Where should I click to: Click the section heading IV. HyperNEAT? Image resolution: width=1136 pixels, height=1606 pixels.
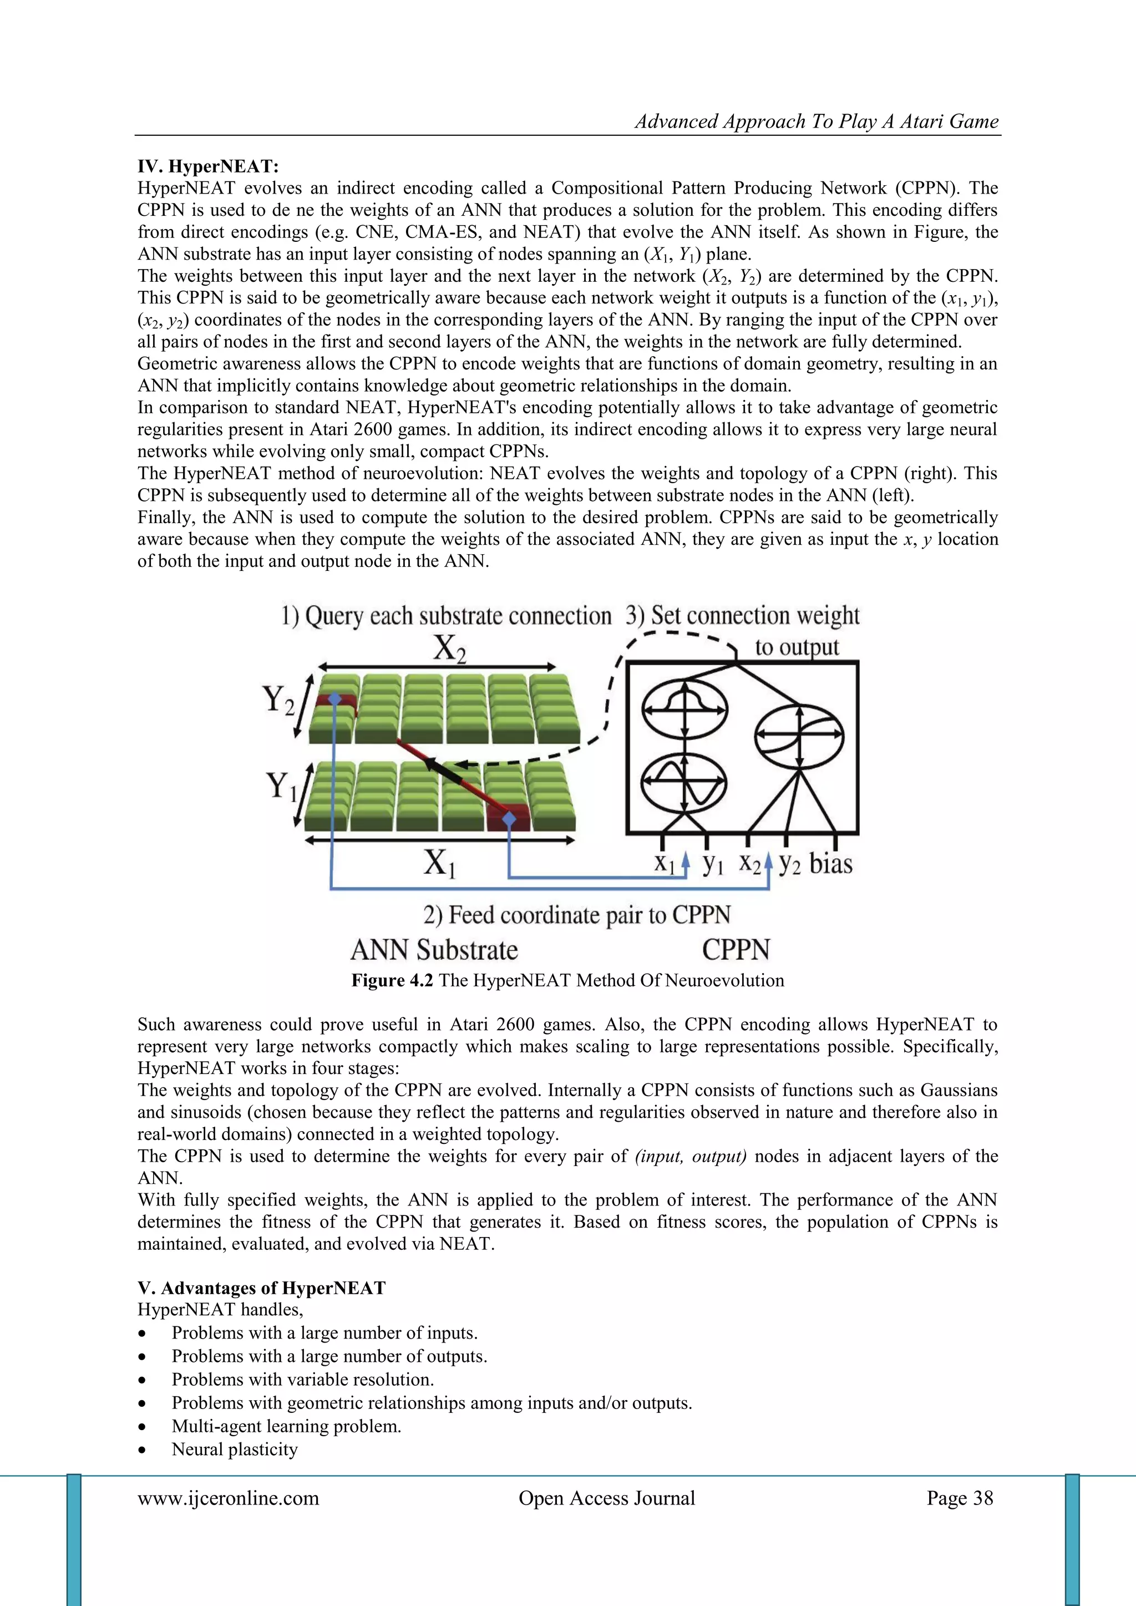coord(208,166)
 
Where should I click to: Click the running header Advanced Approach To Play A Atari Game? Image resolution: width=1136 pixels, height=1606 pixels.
coord(816,121)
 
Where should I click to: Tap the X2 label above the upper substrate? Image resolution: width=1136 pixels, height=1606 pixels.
coord(448,649)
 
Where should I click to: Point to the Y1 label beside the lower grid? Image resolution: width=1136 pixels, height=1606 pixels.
coord(281,786)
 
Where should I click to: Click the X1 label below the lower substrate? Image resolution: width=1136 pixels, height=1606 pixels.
coord(439,863)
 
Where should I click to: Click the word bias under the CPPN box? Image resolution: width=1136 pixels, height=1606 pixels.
coord(830,864)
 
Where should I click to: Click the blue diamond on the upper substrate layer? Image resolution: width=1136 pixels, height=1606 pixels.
coord(335,700)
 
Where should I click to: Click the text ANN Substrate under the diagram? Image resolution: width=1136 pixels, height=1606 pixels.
coord(434,950)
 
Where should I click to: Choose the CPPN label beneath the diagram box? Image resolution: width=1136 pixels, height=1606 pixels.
coord(736,950)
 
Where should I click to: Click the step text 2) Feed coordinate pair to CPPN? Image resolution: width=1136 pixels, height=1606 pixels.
coord(576,915)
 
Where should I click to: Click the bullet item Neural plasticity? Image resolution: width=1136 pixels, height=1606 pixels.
coord(234,1450)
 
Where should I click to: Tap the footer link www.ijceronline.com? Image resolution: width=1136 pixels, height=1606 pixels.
coord(228,1498)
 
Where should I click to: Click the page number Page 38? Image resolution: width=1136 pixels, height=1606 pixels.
coord(960,1498)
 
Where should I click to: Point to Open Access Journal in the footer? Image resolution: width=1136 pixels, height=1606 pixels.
coord(606,1498)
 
